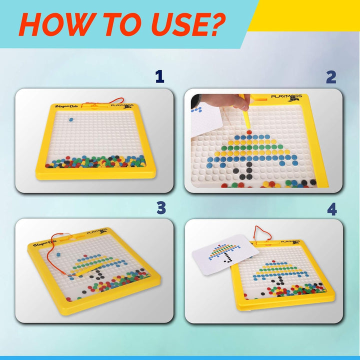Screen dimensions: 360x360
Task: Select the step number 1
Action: [159, 76]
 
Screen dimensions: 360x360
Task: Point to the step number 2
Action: [331, 76]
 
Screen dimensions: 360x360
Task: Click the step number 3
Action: [161, 207]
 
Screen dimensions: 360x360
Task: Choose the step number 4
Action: [331, 207]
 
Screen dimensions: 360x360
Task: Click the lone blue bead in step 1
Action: [70, 119]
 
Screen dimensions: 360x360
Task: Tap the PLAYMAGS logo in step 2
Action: [286, 97]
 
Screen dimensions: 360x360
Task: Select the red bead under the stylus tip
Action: [248, 131]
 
